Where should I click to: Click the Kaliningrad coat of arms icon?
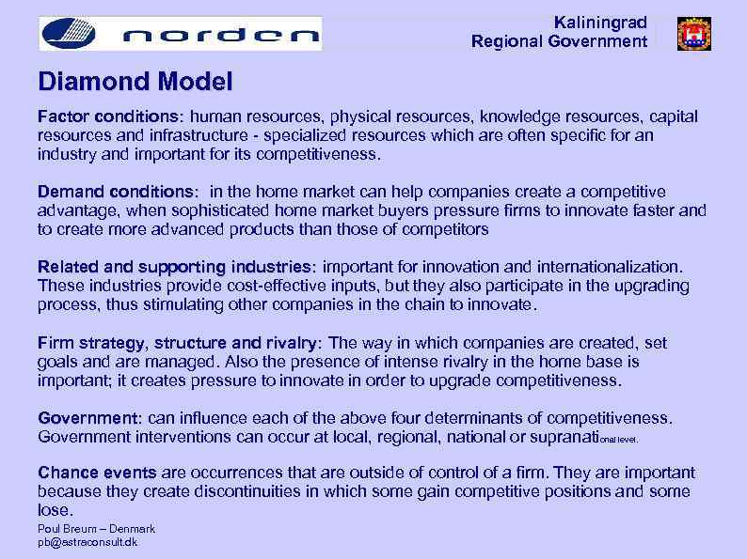click(693, 34)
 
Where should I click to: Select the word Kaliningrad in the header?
click(600, 22)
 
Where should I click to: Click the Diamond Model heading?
click(135, 83)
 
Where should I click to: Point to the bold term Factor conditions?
click(109, 117)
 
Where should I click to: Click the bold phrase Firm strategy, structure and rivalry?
click(179, 343)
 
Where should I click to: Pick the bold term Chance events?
click(98, 473)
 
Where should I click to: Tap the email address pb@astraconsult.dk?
click(87, 542)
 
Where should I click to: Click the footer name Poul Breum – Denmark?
click(96, 529)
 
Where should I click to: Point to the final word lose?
click(54, 510)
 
